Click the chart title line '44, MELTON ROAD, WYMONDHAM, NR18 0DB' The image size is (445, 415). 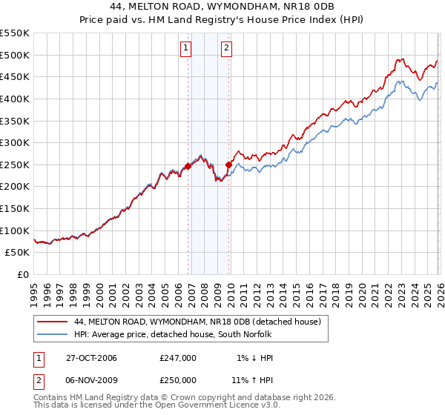(x=222, y=7)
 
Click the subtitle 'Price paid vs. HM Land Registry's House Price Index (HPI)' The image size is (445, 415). (x=222, y=19)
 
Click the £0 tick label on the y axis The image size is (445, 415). (x=22, y=274)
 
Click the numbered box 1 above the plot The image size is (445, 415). (x=185, y=50)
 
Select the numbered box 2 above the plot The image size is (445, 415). (x=225, y=50)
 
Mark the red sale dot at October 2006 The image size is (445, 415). (x=188, y=166)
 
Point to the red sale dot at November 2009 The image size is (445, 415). (x=228, y=165)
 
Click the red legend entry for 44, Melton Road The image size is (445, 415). (x=197, y=322)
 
